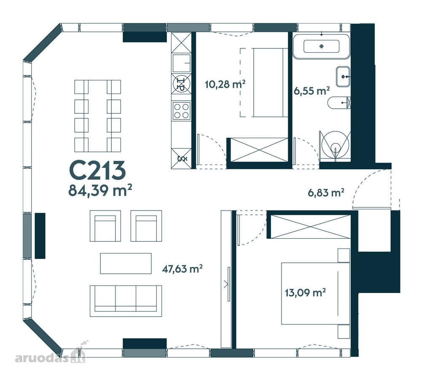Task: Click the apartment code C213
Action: (98, 171)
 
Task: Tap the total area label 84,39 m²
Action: (100, 190)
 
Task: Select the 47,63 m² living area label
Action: (182, 269)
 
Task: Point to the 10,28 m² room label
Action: (225, 84)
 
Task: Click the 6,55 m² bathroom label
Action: (312, 91)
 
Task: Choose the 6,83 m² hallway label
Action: (326, 192)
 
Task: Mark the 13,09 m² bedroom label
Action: (305, 292)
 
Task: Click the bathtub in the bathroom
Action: (321, 46)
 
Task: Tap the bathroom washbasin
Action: (343, 77)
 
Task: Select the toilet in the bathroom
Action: (339, 103)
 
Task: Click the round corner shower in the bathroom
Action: (335, 146)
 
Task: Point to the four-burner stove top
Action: (181, 111)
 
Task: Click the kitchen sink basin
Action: (181, 64)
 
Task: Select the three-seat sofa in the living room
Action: (126, 301)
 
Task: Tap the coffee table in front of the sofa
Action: (126, 263)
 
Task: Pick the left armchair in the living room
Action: (105, 226)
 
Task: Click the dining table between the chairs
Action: (98, 116)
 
